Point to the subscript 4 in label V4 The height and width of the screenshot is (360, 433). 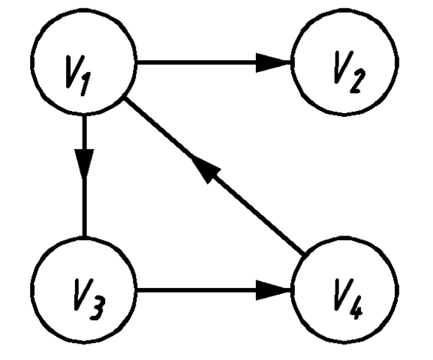coord(356,308)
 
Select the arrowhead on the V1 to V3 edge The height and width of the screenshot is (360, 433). coord(85,163)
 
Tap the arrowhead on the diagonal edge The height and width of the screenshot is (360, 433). coord(205,169)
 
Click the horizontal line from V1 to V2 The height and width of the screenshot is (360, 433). coord(214,63)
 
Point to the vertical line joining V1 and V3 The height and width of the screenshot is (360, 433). coord(85,175)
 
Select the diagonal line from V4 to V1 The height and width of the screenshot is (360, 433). coord(215,176)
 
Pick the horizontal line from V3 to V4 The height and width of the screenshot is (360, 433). coord(214,290)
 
